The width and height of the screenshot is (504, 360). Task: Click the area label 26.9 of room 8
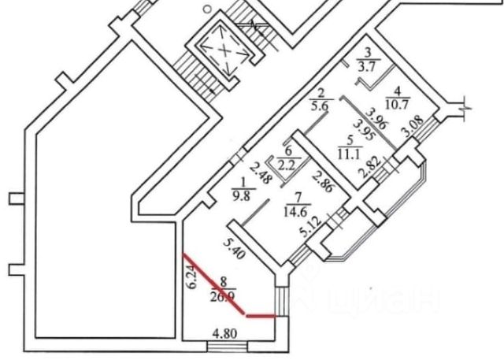222,297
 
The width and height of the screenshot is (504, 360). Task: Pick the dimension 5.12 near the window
302,228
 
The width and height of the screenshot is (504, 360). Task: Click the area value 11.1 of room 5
348,154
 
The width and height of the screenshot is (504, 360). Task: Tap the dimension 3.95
359,128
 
